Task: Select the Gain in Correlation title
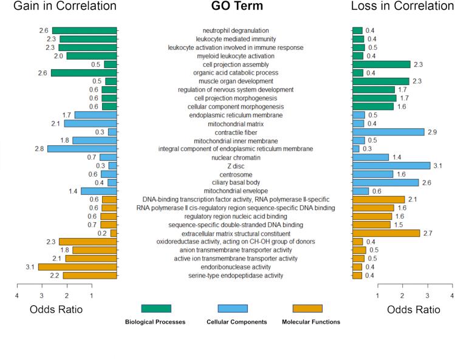pyautogui.click(x=64, y=7)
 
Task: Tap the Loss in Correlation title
pyautogui.click(x=403, y=7)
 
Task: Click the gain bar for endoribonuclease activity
pyautogui.click(x=77, y=267)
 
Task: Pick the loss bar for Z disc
pyautogui.click(x=391, y=165)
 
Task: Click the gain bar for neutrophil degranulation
pyautogui.click(x=84, y=30)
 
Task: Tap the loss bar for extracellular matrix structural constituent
pyautogui.click(x=386, y=233)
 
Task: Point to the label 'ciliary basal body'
pyautogui.click(x=236, y=182)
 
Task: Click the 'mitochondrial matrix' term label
pyautogui.click(x=236, y=123)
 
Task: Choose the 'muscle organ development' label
pyautogui.click(x=236, y=81)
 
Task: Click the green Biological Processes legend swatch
pyautogui.click(x=156, y=308)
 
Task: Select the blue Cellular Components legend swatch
pyautogui.click(x=232, y=308)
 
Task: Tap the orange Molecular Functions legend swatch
pyautogui.click(x=307, y=308)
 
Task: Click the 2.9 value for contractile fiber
pyautogui.click(x=432, y=132)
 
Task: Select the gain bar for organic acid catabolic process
pyautogui.click(x=84, y=73)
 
